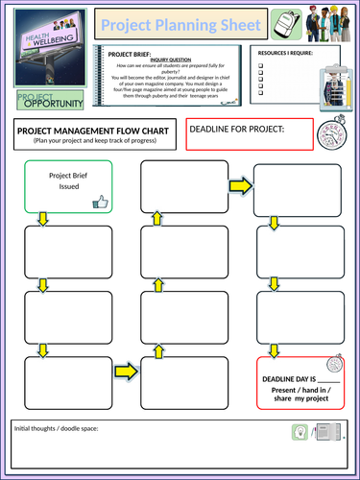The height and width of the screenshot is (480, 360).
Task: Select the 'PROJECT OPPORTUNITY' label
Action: (50, 100)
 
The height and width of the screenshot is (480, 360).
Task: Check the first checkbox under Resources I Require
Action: (262, 67)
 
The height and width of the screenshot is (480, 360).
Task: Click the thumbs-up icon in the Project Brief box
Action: (100, 202)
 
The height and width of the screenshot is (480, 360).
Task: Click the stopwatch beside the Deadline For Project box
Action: (336, 131)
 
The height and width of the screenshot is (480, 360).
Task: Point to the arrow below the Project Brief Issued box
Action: (42, 220)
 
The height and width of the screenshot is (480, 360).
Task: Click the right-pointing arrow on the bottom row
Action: (125, 370)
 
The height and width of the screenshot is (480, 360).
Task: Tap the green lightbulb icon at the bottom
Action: (299, 434)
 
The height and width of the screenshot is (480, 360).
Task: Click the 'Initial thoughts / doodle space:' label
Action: (56, 428)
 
